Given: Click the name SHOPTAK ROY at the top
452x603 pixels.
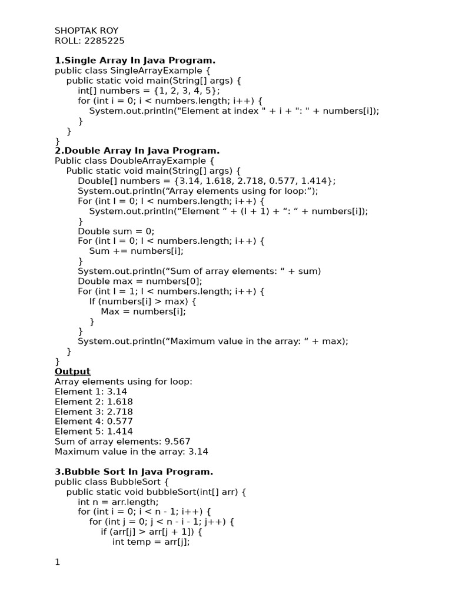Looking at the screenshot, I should point(87,31).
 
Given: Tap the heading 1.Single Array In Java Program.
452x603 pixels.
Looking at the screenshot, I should point(135,60).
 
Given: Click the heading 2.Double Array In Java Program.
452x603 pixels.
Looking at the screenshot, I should point(137,150).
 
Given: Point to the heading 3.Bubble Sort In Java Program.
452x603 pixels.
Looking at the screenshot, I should point(134,472).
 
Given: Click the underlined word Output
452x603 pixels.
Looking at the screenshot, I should point(72,371).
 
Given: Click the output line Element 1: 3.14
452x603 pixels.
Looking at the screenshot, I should point(91,391).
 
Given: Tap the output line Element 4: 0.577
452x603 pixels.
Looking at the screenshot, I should point(94,421).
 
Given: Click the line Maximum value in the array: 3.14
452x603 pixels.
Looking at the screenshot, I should point(131,452).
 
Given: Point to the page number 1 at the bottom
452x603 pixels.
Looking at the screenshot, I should point(58,562).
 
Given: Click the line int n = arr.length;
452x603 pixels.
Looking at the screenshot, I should point(118,502).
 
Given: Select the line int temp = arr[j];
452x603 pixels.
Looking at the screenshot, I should point(151,542).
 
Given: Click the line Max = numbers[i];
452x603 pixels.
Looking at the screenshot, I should point(143,311).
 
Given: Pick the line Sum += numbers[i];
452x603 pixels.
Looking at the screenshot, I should point(137,251).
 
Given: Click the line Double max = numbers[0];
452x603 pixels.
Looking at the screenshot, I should point(135,281).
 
